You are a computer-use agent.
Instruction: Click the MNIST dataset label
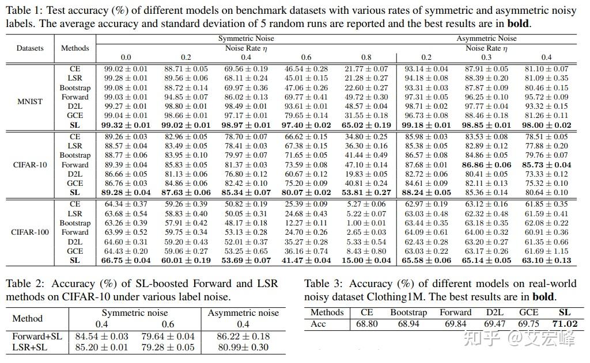29,101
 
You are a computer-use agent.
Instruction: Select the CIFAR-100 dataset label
29,232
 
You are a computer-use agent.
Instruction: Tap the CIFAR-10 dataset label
29,165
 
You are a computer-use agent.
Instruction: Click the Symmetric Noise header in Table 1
246,39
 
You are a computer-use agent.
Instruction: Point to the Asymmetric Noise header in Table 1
487,39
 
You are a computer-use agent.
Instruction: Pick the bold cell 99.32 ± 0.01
126,125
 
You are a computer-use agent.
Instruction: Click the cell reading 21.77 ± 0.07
366,69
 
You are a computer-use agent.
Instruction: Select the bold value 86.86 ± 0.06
487,165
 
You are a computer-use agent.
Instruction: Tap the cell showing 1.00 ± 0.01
366,223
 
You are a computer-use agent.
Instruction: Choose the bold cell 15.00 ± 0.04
366,260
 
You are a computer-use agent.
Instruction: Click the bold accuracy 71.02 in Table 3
565,324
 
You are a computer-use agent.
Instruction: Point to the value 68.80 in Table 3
367,324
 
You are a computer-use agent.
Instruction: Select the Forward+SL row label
37,336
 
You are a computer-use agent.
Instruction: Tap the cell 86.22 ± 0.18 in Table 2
243,336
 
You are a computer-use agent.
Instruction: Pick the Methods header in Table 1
75,48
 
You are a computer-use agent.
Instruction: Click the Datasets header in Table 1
29,48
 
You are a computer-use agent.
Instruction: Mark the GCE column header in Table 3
528,312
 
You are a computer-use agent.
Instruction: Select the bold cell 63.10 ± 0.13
547,260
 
